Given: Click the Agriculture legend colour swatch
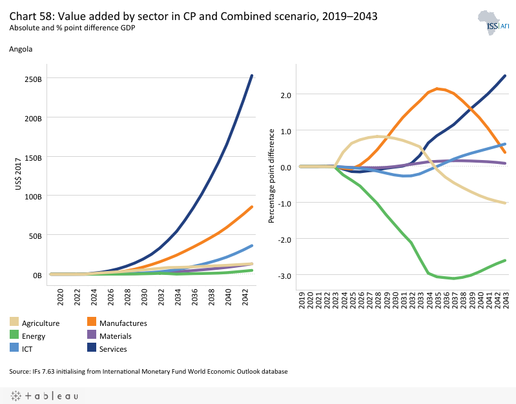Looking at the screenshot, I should [x=14, y=323].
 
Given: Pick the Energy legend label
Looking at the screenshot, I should [x=34, y=336].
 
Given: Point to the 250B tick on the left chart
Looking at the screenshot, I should [x=32, y=79].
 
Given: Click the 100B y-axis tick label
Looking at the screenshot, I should [x=32, y=196].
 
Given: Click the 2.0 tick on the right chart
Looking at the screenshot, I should [x=285, y=95].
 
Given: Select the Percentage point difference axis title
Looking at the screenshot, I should [x=272, y=176].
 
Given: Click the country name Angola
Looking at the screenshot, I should [x=21, y=48].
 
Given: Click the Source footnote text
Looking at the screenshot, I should [x=148, y=372].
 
